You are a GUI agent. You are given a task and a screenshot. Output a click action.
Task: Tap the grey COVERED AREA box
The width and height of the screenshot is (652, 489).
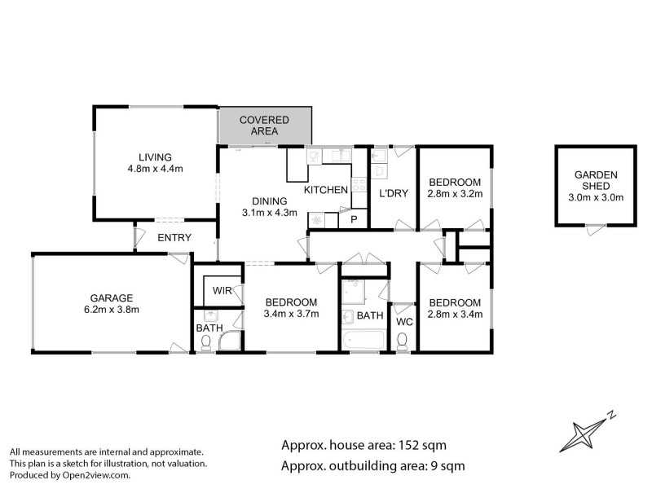(x=265, y=126)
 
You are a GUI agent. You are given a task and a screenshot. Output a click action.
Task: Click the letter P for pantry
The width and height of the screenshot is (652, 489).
(x=354, y=218)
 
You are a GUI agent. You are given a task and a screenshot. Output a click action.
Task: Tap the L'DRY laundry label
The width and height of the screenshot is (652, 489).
(x=394, y=193)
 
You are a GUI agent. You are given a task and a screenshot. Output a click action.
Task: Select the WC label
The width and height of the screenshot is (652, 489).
(x=404, y=321)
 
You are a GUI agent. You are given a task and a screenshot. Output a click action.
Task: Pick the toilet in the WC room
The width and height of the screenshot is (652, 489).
(x=402, y=343)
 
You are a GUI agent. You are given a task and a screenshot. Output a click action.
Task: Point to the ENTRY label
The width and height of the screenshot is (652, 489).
(x=174, y=238)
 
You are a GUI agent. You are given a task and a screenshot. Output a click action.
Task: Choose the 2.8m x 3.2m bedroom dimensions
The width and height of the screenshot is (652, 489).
(x=455, y=194)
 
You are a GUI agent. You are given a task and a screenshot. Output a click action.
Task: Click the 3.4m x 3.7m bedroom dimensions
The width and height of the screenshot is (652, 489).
(x=291, y=314)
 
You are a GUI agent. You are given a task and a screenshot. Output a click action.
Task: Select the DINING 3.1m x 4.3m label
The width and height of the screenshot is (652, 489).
(x=269, y=207)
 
